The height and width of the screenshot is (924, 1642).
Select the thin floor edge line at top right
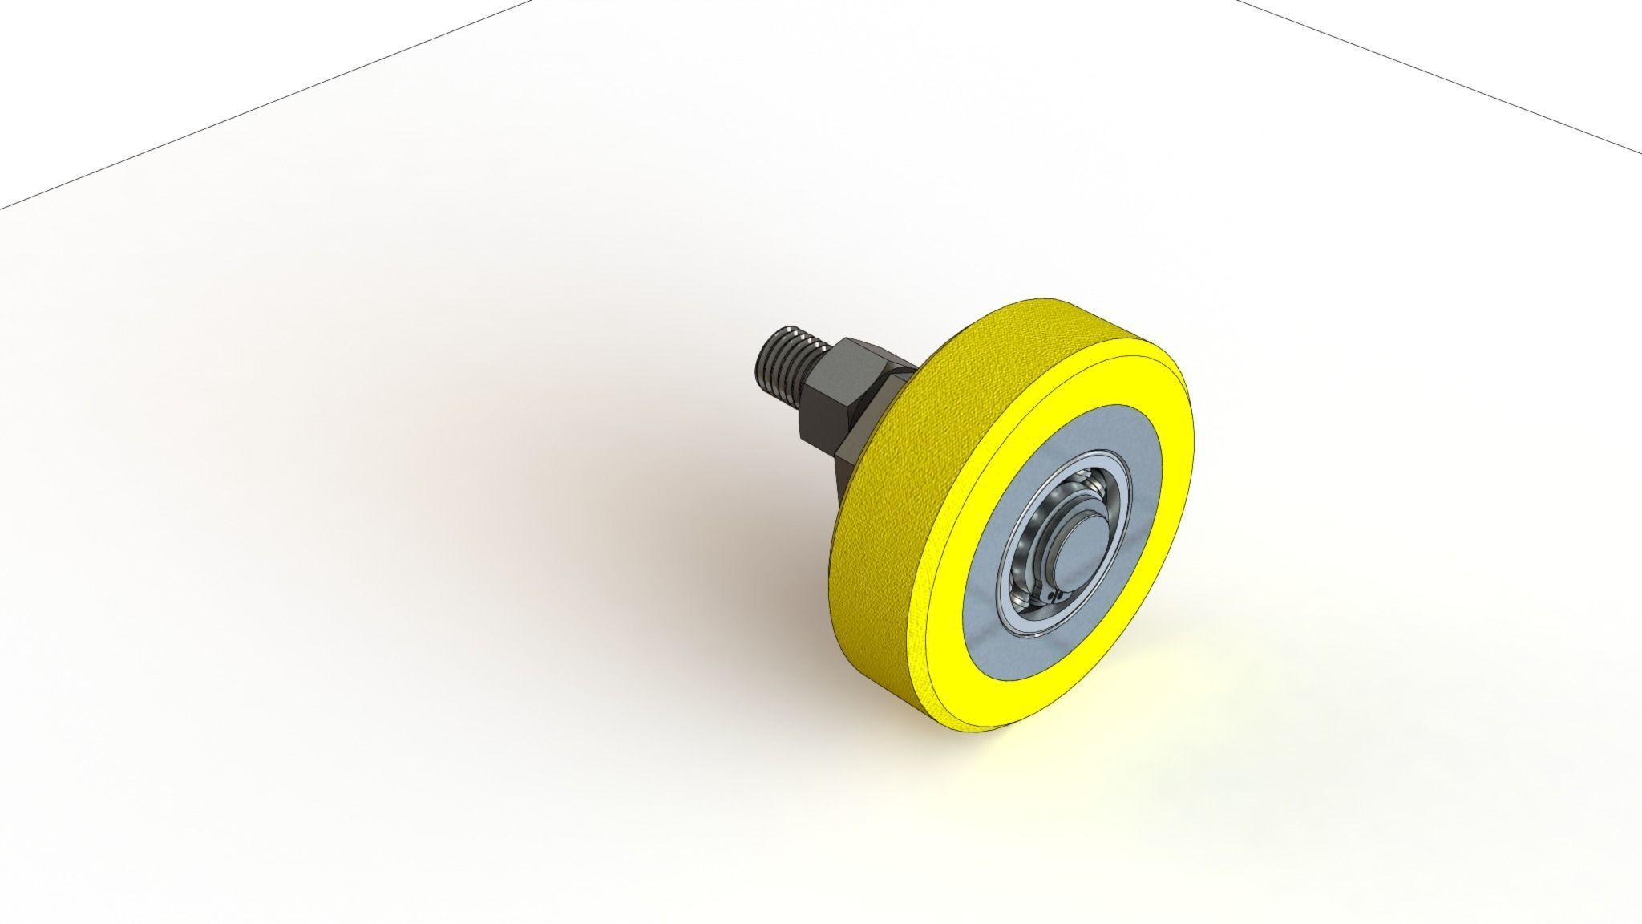(x=1443, y=76)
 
